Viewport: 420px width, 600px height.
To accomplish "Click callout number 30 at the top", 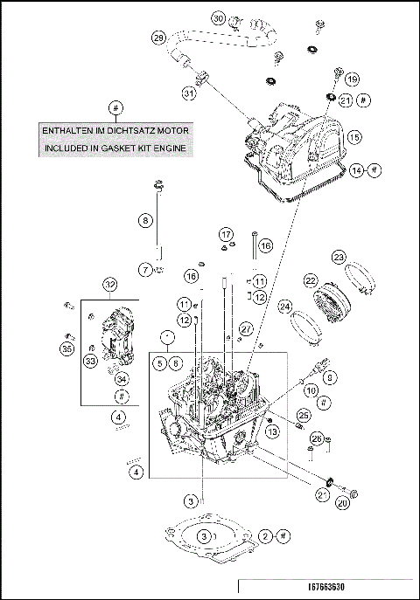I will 219,17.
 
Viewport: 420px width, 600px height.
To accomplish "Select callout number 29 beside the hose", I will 158,38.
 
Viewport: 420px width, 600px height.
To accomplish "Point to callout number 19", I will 352,79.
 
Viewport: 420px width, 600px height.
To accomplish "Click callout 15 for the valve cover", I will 353,137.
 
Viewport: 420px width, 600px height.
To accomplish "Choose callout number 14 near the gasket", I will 356,171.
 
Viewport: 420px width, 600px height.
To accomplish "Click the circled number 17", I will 226,234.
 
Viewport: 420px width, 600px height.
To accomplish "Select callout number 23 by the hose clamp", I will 339,257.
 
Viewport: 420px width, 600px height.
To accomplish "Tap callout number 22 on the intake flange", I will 311,280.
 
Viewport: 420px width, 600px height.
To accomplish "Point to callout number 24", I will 284,307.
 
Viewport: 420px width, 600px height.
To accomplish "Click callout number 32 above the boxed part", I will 110,285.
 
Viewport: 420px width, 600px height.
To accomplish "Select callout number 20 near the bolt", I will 343,502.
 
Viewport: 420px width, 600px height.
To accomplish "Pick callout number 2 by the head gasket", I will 266,535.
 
